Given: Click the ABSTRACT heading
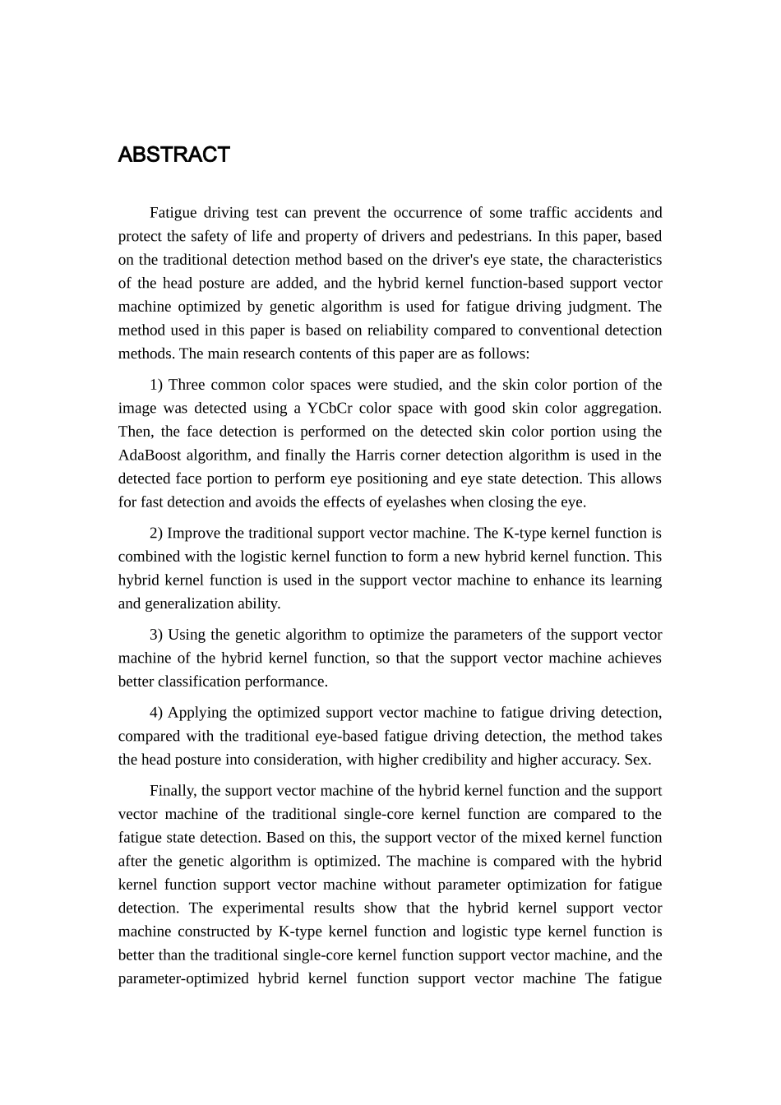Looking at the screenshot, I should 173,155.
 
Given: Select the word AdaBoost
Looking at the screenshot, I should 150,455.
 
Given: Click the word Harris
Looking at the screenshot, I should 377,455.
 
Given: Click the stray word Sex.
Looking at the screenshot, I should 638,759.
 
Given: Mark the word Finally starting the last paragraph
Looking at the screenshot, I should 173,790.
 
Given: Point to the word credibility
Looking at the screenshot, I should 455,759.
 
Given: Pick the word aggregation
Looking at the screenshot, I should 621,408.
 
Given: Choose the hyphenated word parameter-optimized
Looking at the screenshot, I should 182,978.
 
